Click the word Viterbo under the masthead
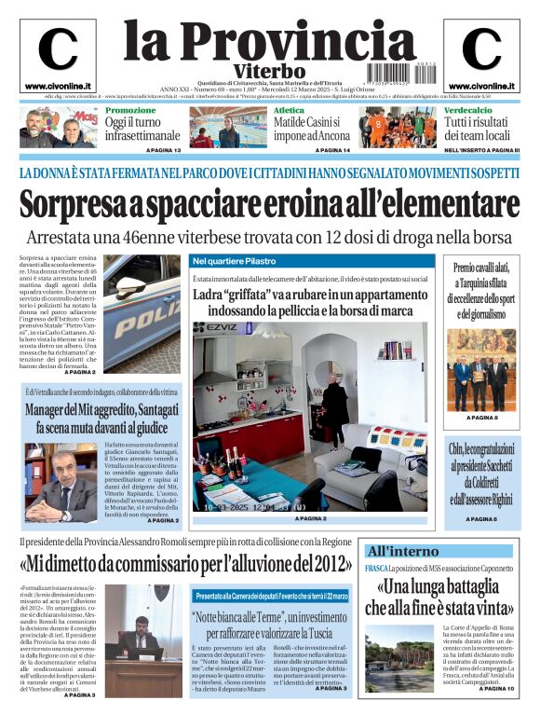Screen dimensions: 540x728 [x=269, y=71]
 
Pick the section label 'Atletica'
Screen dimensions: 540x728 [x=288, y=110]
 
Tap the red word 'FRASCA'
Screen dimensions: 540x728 [x=377, y=569]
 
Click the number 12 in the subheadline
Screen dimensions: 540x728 [x=358, y=237]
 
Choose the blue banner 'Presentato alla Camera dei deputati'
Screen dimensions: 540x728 [x=271, y=596]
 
